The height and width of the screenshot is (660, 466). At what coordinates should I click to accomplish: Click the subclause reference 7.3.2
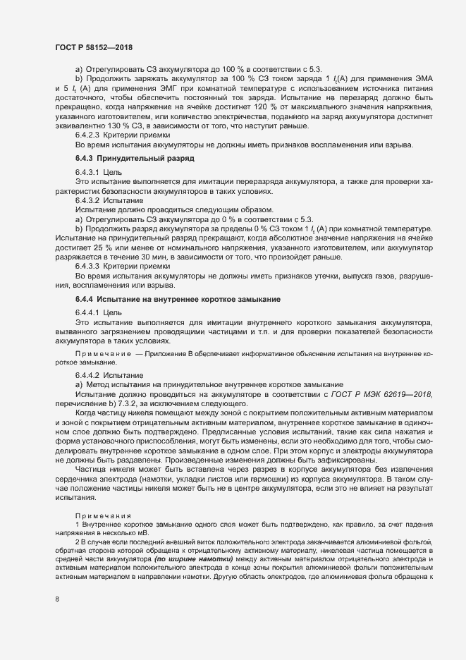point(110,403)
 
